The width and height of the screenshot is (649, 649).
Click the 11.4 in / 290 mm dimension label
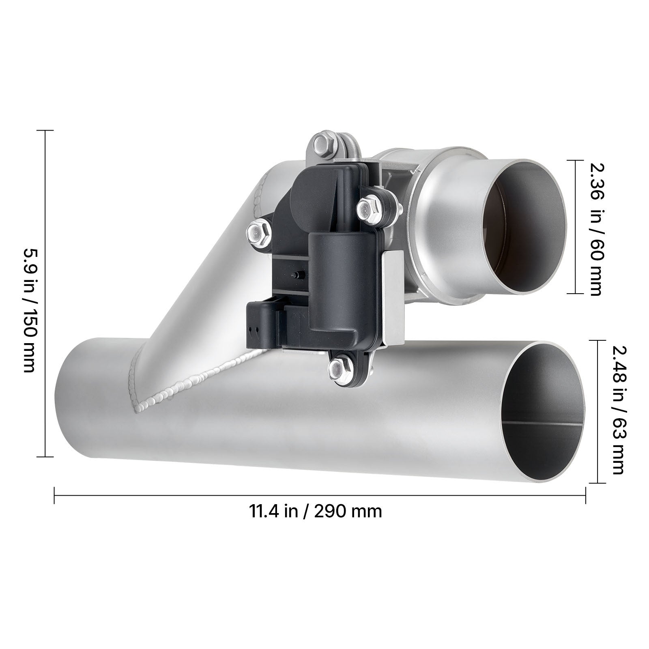tap(315, 511)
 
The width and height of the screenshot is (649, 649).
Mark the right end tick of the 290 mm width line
tap(585, 495)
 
